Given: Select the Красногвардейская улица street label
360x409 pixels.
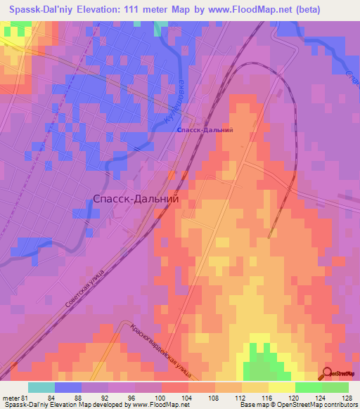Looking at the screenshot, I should pyautogui.click(x=162, y=350).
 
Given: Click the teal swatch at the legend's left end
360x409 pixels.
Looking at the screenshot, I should pyautogui.click(x=41, y=387).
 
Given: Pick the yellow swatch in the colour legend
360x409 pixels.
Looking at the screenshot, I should pyautogui.click(x=282, y=387).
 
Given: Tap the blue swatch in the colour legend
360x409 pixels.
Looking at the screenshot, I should pyautogui.click(x=68, y=387).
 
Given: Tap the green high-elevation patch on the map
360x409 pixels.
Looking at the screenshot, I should pyautogui.click(x=262, y=365).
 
